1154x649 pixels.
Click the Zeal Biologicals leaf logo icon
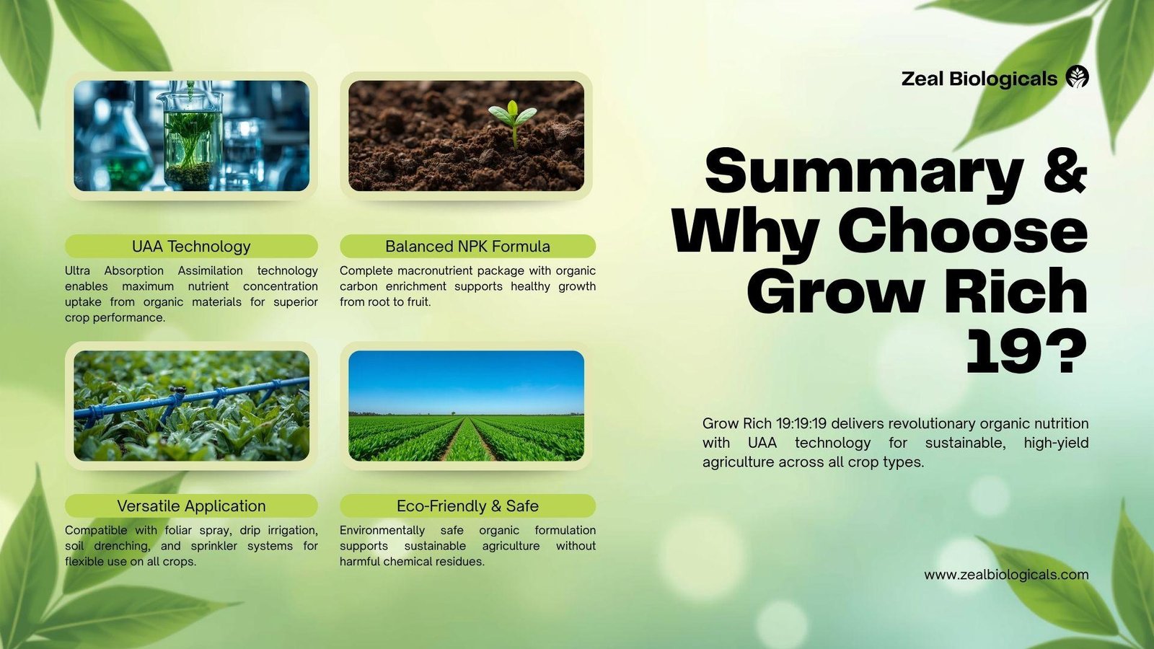[x=1078, y=76]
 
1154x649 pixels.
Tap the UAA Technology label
[x=191, y=246]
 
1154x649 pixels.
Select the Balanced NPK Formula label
[x=468, y=246]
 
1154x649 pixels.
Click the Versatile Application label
[x=191, y=505]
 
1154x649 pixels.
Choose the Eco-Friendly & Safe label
[x=468, y=505]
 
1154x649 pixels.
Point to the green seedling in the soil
[x=513, y=122]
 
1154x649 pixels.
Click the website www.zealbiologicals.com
[x=1006, y=574]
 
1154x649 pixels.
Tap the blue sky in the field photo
[x=466, y=381]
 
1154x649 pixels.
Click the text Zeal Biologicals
[x=979, y=79]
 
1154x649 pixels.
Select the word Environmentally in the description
[x=382, y=530]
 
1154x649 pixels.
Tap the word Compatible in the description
[x=96, y=530]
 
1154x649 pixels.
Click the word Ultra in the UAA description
[x=77, y=270]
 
